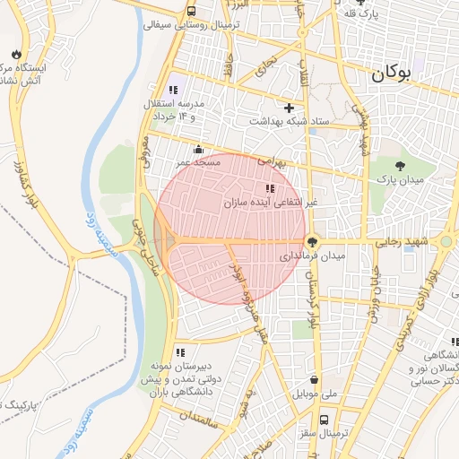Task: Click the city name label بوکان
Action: [x=402, y=76]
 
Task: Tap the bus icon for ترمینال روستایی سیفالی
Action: [x=191, y=12]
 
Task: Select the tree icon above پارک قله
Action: [x=360, y=3]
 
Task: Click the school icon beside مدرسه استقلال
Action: [x=174, y=90]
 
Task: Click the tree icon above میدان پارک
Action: [x=400, y=165]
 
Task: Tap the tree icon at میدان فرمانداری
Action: [x=312, y=241]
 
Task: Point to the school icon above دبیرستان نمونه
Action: [x=179, y=352]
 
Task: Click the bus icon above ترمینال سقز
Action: [x=325, y=419]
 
